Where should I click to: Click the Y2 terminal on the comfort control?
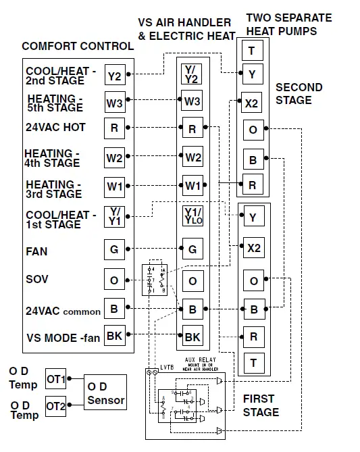point(115,76)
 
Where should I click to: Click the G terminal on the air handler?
point(192,249)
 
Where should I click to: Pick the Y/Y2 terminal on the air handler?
point(192,74)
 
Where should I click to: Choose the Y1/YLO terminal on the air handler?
point(192,216)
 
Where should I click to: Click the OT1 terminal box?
point(56,380)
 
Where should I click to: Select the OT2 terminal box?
point(56,406)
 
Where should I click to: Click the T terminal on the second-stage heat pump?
point(252,51)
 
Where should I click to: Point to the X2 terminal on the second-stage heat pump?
point(252,104)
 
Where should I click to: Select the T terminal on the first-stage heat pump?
point(253,362)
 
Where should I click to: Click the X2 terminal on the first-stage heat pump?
point(253,248)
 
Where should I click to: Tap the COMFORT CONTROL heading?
point(78,47)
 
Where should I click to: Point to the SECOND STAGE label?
point(299,94)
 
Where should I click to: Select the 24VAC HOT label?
point(55,127)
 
